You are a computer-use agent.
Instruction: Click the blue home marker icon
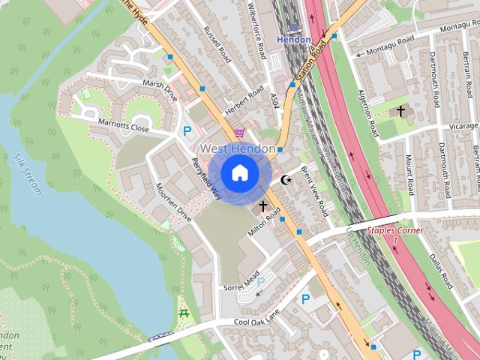tap(239, 172)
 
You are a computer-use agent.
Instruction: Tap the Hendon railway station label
tap(293, 38)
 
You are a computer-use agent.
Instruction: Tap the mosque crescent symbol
tap(286, 179)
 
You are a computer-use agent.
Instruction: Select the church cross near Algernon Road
tap(400, 112)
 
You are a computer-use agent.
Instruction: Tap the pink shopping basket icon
tap(239, 133)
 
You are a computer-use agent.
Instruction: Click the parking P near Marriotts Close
tap(187, 130)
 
